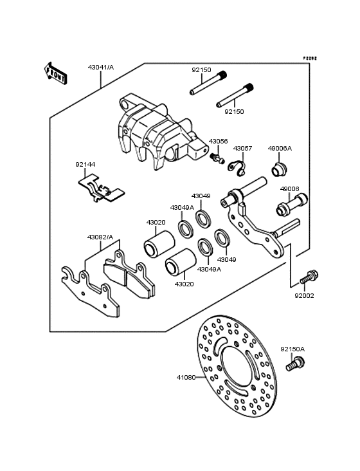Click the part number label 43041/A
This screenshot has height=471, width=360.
[x=101, y=67]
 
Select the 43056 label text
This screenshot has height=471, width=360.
[x=218, y=140]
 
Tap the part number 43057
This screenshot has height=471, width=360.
[x=242, y=149]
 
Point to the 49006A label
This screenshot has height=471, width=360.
[x=280, y=149]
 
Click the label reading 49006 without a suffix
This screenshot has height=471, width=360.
[x=289, y=189]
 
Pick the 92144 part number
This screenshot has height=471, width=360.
[x=85, y=165]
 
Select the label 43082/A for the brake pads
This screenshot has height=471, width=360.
[x=100, y=237]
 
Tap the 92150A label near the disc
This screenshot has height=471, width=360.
[x=292, y=349]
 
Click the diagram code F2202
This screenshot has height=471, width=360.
[x=310, y=57]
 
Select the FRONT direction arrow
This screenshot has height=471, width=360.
[x=56, y=73]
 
